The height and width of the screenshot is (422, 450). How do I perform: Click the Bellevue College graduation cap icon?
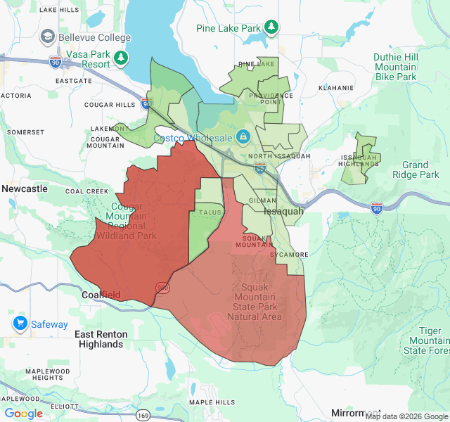point(48,37)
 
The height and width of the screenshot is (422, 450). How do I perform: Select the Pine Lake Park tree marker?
point(271,27)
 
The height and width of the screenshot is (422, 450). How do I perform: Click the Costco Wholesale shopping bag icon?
point(243,136)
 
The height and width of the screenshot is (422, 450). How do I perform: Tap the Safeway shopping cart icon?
point(20,324)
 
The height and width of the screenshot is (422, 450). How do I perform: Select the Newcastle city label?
point(25,188)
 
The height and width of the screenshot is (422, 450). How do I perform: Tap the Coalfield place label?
point(101,295)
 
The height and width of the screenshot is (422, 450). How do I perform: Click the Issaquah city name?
point(284,211)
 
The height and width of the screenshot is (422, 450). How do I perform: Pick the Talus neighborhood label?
point(210,212)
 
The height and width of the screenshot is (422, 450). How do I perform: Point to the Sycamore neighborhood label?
point(289,254)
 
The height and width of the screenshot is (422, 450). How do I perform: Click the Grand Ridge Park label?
point(411,170)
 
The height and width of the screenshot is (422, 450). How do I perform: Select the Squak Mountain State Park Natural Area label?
point(255,302)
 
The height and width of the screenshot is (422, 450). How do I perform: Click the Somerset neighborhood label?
point(25,132)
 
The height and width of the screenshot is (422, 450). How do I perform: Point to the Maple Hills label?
point(212,402)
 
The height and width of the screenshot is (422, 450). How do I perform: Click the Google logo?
point(24,414)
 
